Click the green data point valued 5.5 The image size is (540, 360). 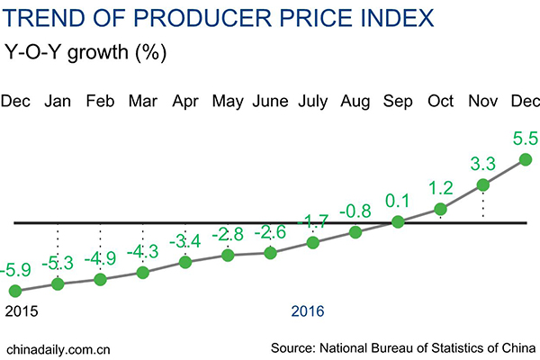526,159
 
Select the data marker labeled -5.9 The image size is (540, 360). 15,291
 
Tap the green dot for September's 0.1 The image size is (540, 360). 398,220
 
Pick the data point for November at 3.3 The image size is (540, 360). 482,185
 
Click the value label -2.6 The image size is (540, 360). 270,232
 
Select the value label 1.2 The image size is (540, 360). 440,189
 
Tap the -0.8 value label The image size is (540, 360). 355,212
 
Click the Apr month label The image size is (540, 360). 185,102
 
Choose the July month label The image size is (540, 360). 312,102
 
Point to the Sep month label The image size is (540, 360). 398,102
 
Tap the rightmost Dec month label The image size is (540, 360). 525,102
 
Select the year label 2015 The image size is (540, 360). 22,310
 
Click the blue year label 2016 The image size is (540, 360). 309,310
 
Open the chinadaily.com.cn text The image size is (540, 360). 58,346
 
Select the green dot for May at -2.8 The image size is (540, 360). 228,256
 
